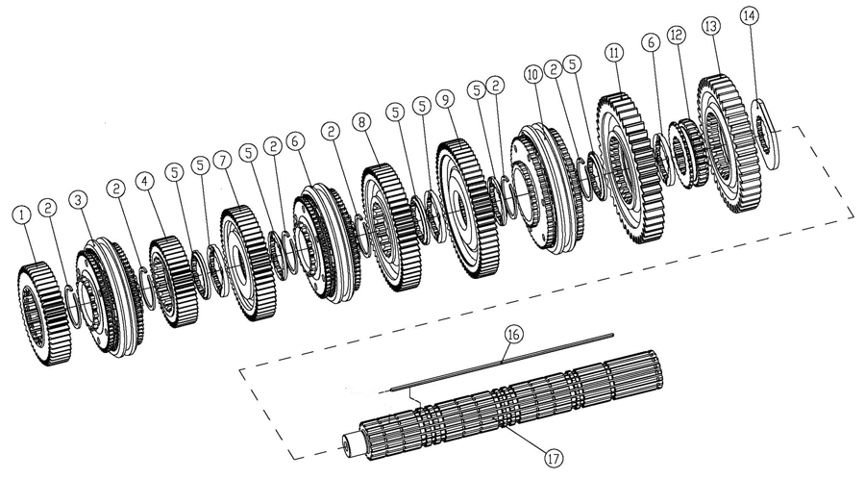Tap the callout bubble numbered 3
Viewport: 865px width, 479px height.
tap(77, 199)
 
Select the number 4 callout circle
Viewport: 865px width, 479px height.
tap(144, 180)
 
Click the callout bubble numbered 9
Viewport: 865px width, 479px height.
tap(443, 99)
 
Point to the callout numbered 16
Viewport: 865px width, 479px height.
tap(513, 334)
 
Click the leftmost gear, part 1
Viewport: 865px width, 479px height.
tap(44, 311)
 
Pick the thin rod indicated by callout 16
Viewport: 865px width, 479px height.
tap(500, 361)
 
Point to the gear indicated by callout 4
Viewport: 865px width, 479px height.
tap(174, 280)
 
